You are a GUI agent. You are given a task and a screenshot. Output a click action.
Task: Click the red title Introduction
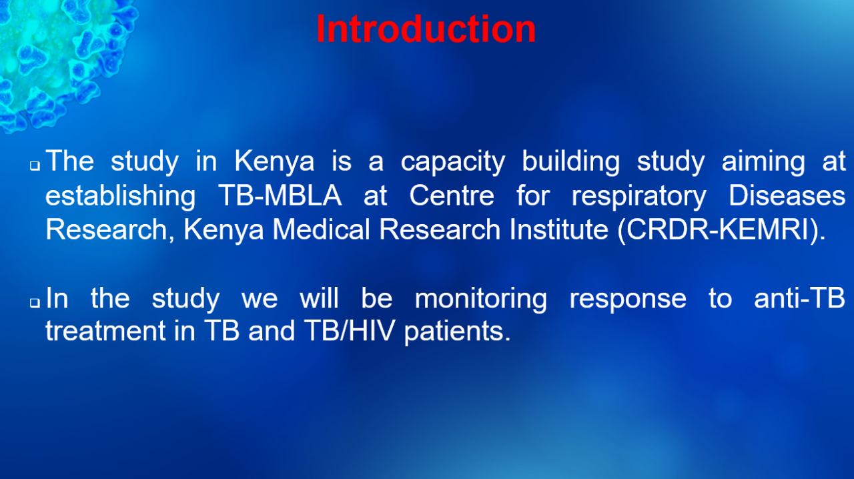click(x=426, y=29)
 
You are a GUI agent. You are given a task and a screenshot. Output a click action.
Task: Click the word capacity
click(x=453, y=163)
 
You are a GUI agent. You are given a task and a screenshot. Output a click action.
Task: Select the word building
click(x=570, y=162)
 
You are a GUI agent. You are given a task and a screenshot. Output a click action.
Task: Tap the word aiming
click(x=763, y=162)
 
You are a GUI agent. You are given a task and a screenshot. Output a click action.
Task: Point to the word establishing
click(x=121, y=196)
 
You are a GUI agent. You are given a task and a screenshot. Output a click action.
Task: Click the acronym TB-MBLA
click(x=280, y=195)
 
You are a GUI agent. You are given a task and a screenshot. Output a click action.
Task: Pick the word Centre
click(x=452, y=195)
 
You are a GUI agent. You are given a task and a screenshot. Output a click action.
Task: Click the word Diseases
click(x=787, y=195)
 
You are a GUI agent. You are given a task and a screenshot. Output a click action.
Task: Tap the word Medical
click(x=321, y=229)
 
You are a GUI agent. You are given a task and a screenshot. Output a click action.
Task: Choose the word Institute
click(x=558, y=229)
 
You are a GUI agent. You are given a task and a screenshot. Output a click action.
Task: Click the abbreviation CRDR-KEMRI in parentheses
click(x=717, y=229)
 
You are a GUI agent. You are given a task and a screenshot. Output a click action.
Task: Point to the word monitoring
click(x=481, y=300)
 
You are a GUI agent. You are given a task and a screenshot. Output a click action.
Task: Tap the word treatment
click(x=105, y=331)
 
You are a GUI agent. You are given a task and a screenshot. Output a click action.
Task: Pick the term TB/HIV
click(x=349, y=330)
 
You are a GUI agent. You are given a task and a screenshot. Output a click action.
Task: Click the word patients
click(x=457, y=332)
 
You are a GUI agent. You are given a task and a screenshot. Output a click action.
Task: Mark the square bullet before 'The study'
click(x=35, y=165)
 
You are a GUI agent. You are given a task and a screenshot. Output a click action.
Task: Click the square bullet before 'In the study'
click(x=35, y=302)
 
